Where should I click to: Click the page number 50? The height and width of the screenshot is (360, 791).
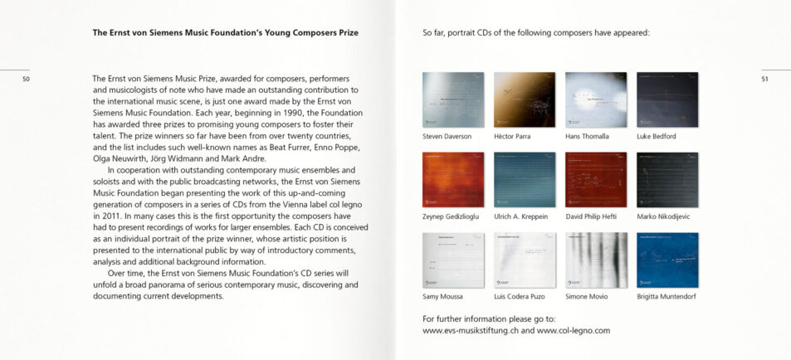point(27,79)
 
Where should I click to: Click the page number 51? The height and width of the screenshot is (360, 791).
point(764,79)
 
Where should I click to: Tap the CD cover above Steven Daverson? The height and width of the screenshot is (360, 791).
point(453,100)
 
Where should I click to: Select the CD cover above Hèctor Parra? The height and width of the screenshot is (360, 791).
point(525,100)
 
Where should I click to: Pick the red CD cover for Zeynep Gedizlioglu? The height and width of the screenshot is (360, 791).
point(453,179)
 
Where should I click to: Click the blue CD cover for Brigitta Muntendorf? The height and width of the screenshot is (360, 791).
point(667,260)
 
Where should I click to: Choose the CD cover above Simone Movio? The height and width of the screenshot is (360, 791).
point(596,260)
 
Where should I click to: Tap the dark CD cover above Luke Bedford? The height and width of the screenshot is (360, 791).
point(667,100)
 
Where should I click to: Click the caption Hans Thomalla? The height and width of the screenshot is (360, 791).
point(587,136)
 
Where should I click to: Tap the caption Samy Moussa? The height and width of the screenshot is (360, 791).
point(442,296)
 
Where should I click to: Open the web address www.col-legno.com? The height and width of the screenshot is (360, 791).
point(574,330)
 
